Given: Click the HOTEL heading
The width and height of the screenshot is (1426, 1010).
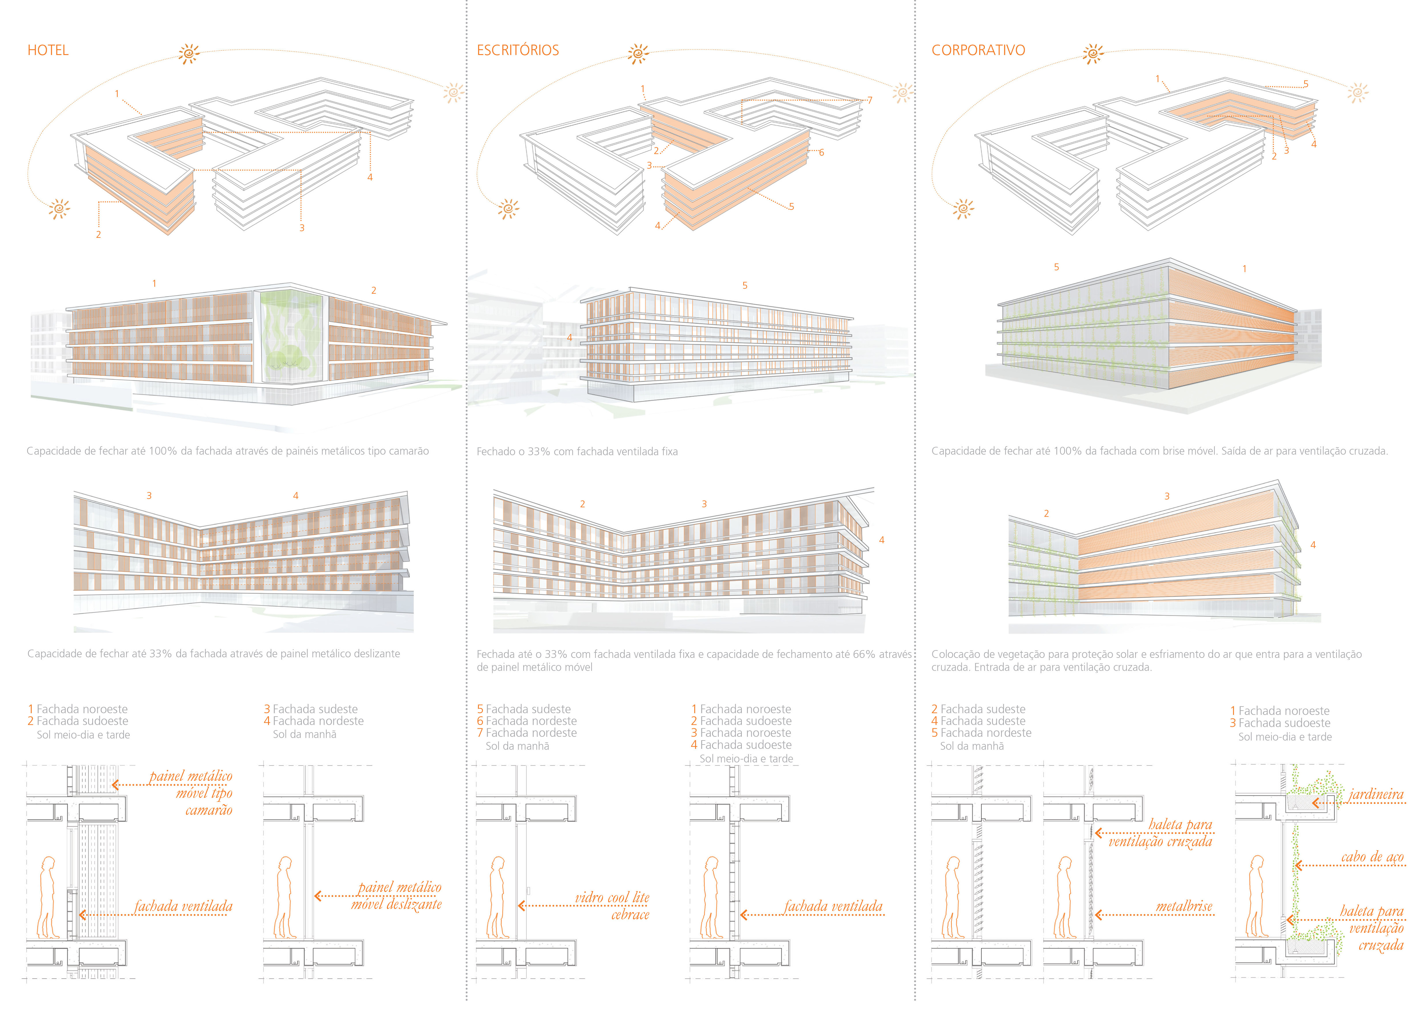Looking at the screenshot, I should click(48, 50).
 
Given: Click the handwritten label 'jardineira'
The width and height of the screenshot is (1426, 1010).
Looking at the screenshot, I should click(1376, 794).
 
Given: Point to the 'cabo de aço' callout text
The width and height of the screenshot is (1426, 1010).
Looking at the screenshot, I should click(1372, 857).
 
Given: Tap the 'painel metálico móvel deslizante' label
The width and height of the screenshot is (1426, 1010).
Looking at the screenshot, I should click(398, 896).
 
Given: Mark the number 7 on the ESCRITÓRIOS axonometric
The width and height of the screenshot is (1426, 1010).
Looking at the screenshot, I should click(869, 100).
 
